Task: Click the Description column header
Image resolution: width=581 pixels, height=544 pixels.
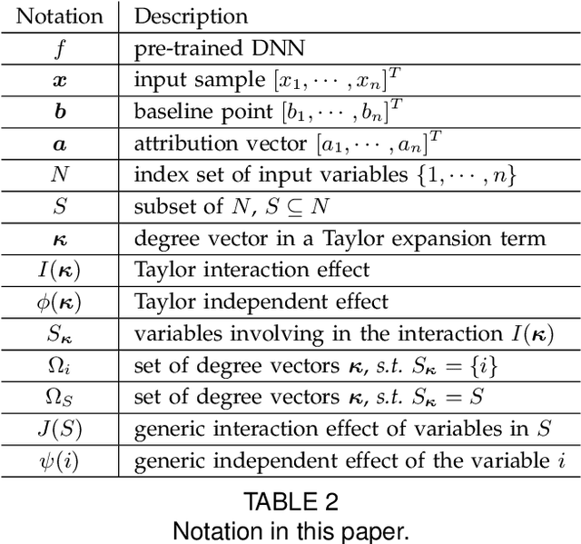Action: pos(191,15)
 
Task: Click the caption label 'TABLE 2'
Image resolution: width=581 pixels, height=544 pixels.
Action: pos(290,500)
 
